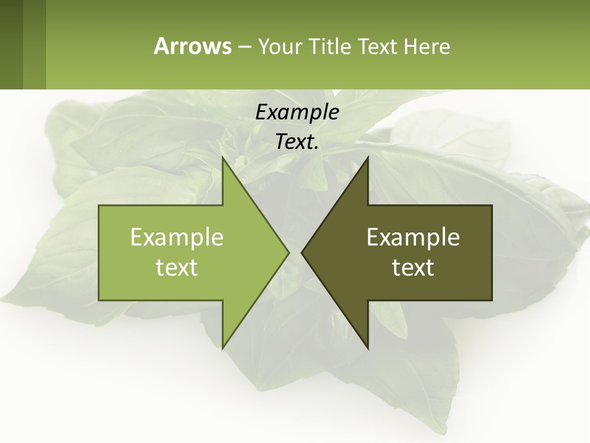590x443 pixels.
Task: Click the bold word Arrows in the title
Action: (192, 46)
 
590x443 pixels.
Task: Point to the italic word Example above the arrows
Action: (297, 112)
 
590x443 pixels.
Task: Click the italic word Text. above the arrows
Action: (297, 142)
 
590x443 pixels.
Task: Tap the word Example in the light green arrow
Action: (177, 237)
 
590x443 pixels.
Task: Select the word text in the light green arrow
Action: (177, 267)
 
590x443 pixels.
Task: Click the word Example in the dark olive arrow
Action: (413, 237)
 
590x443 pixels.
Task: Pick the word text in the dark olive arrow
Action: (413, 267)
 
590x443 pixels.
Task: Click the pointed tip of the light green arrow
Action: (288, 252)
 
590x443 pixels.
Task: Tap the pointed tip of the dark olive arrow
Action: (302, 252)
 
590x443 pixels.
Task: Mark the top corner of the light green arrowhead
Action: (223, 158)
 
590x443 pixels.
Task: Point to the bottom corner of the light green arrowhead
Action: (223, 347)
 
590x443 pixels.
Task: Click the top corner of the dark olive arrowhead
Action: (368, 158)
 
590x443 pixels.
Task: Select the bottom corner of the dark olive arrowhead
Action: (368, 347)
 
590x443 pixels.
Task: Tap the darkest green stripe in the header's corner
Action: (11, 44)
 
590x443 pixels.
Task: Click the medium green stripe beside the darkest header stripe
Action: (34, 44)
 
